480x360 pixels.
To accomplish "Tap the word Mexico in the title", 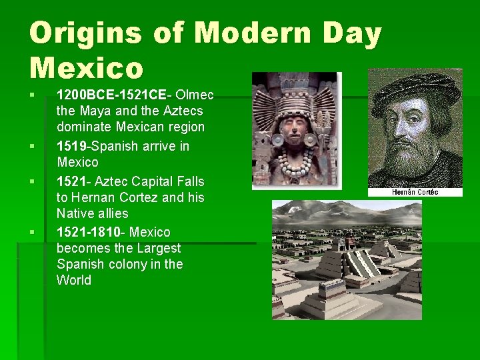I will (87, 68).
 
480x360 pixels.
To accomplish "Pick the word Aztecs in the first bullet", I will (181, 111).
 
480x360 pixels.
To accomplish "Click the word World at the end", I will (74, 280).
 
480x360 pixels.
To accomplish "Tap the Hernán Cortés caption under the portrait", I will (415, 192).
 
